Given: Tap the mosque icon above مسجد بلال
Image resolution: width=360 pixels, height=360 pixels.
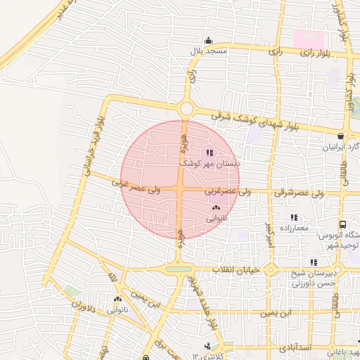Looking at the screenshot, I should (x=207, y=40).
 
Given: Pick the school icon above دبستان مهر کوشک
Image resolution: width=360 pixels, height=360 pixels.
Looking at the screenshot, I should (x=208, y=153).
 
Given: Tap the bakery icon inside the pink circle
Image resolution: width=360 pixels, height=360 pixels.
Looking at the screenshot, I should (x=215, y=208).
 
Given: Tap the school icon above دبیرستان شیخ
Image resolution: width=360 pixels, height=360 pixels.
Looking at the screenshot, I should (x=314, y=262).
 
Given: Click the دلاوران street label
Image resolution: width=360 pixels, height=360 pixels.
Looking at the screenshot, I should (x=84, y=307).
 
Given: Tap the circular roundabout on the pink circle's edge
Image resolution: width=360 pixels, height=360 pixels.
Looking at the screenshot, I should (x=186, y=109).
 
